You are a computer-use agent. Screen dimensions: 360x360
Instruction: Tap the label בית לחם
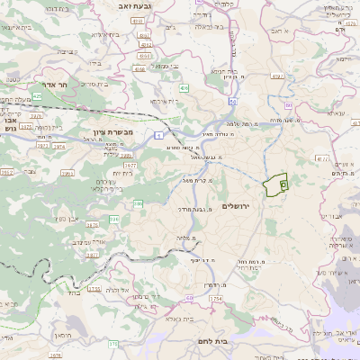click(209, 341)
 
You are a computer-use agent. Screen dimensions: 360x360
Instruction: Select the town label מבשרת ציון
click(113, 131)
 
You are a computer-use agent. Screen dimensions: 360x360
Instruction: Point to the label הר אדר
click(44, 94)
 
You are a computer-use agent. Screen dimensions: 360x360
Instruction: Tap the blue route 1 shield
click(158, 135)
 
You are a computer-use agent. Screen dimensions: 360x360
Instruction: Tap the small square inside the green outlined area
click(283, 184)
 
